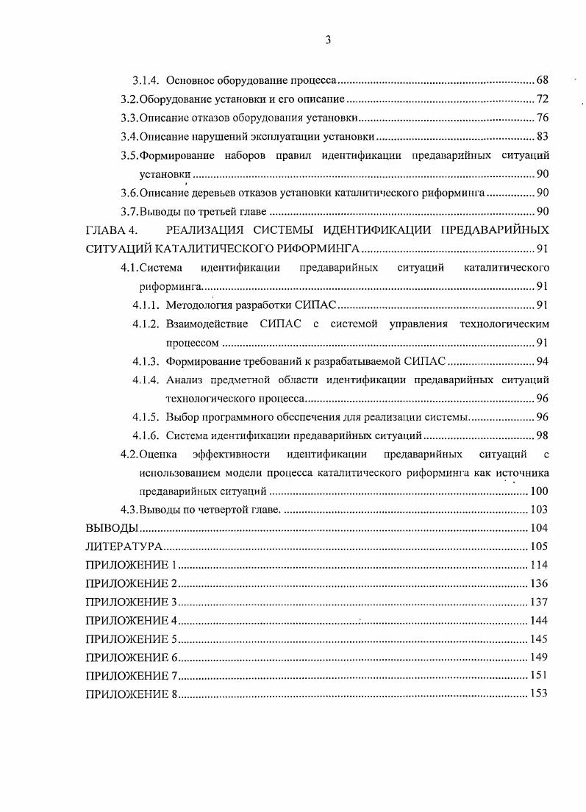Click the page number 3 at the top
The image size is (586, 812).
coord(328,41)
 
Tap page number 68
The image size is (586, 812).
coord(543,79)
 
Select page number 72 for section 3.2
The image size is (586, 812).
coord(543,99)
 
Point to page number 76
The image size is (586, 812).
coord(543,118)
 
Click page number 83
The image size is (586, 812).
coord(543,136)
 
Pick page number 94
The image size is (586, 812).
coord(543,361)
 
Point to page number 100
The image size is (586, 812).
coord(539,491)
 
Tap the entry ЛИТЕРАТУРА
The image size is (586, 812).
coord(124,547)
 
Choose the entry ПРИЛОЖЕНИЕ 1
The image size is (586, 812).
coord(132,566)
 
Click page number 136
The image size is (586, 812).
coord(539,584)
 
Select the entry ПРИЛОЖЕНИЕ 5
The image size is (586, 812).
coord(132,639)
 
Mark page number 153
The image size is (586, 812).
coord(539,694)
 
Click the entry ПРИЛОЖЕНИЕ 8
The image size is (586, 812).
coord(132,695)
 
